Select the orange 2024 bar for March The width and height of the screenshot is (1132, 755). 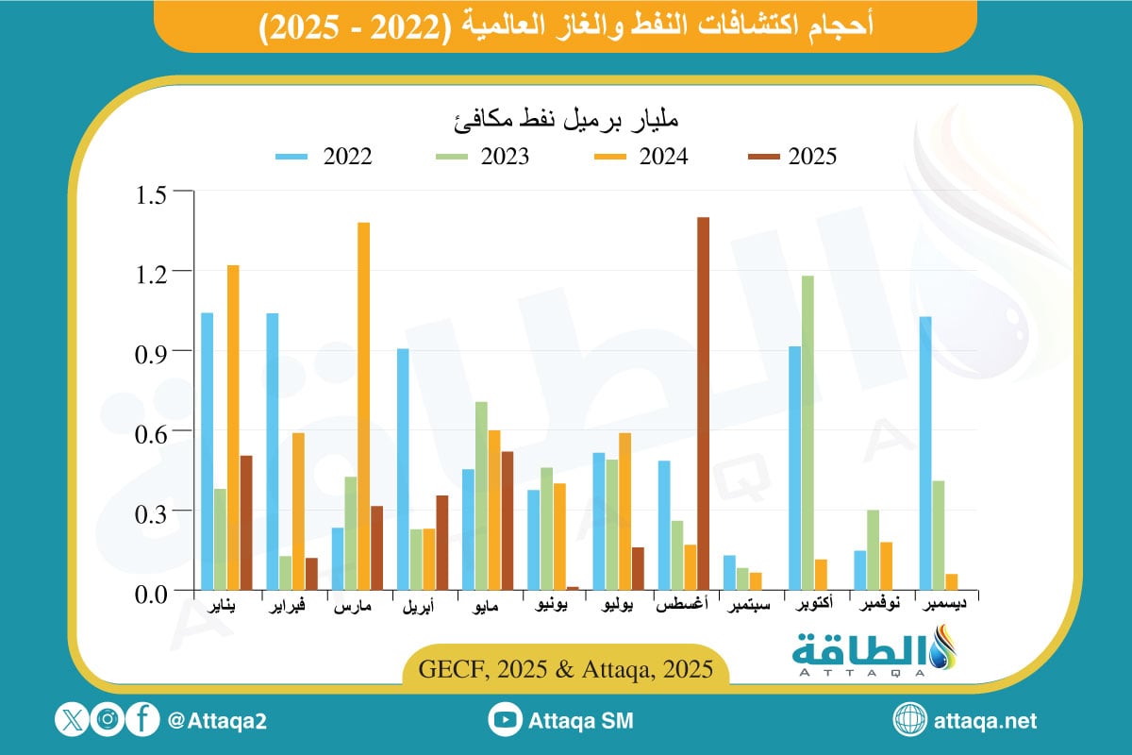[363, 406]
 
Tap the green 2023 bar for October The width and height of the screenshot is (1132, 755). [807, 433]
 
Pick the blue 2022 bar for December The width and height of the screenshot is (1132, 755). [925, 453]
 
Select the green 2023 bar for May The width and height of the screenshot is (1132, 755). [481, 495]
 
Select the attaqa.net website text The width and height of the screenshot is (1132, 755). [985, 721]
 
